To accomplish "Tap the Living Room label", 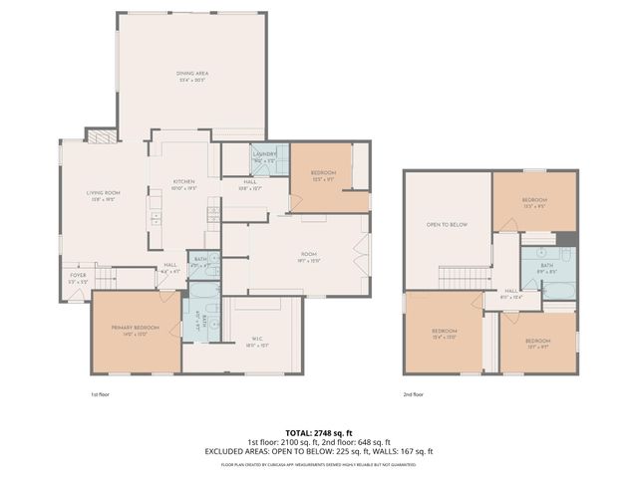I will [x=105, y=195].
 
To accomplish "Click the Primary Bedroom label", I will [x=136, y=331].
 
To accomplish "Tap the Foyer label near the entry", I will [x=78, y=280].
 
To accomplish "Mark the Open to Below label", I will [x=448, y=225].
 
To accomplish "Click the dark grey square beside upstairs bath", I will [x=566, y=238].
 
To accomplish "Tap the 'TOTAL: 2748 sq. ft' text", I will [x=319, y=433].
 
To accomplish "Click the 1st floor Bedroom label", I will [x=323, y=176].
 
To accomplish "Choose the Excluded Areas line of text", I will [x=319, y=451].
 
